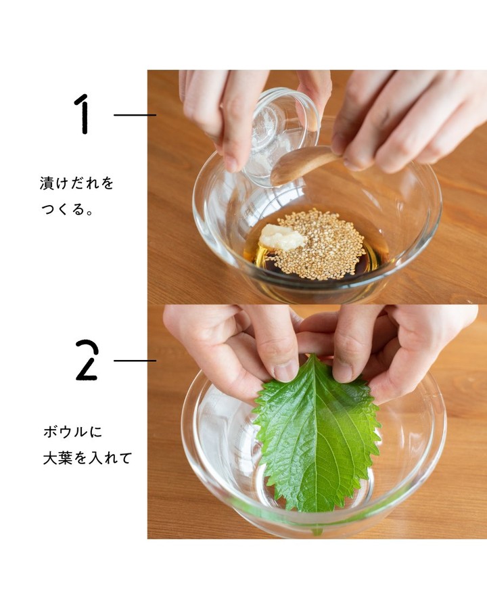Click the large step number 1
[x=83, y=114]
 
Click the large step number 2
[x=87, y=360]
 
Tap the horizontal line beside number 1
[x=135, y=115]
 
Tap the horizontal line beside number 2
[x=135, y=361]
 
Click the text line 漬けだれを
[x=76, y=183]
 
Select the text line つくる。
[x=67, y=209]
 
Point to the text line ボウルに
[x=72, y=432]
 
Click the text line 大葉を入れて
[x=87, y=458]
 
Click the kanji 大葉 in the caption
[x=57, y=458]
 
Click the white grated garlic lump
[x=281, y=237]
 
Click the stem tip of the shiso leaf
[x=317, y=532]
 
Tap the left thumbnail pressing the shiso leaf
[x=286, y=372]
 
